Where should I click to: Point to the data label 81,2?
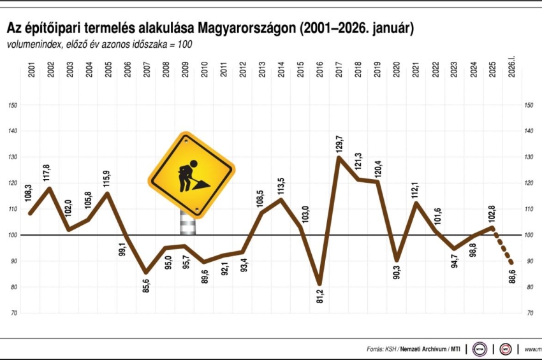(x=319, y=296)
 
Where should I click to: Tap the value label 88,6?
(x=512, y=276)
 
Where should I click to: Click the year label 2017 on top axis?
(x=339, y=69)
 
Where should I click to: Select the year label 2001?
(x=31, y=69)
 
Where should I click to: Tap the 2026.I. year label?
(x=511, y=67)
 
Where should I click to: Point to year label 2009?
(x=185, y=69)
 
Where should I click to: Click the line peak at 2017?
(x=339, y=157)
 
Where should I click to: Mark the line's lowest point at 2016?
(x=319, y=284)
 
